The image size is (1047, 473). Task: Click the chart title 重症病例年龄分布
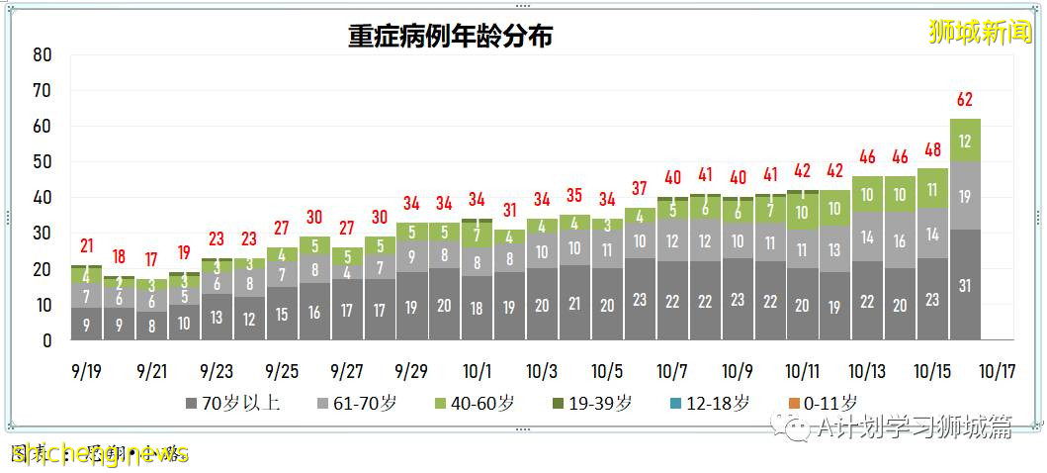click(x=450, y=37)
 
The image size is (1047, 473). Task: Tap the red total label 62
click(x=965, y=99)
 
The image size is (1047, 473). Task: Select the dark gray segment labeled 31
click(x=965, y=285)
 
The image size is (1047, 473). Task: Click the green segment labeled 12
click(x=965, y=141)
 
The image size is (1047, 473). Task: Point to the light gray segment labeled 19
click(x=965, y=196)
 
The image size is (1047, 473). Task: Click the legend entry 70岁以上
click(x=234, y=404)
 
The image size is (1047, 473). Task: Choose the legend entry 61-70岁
click(x=359, y=404)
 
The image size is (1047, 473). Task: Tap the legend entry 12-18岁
click(x=716, y=404)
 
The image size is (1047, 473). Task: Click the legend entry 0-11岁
click(x=824, y=404)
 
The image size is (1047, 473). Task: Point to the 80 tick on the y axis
click(x=42, y=54)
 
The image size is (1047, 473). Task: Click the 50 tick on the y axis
click(x=42, y=162)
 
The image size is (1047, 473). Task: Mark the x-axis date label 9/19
click(x=86, y=372)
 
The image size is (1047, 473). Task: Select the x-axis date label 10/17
click(x=998, y=372)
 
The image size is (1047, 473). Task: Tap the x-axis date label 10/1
click(x=478, y=372)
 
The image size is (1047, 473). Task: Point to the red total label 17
click(x=151, y=260)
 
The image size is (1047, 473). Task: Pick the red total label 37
click(x=640, y=189)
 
